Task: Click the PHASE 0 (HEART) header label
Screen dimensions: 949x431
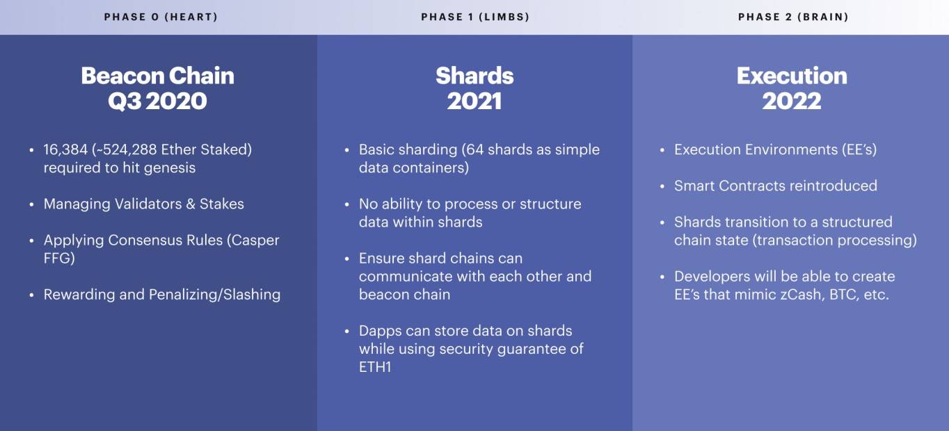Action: (x=161, y=17)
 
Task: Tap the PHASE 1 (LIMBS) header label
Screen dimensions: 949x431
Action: (x=475, y=17)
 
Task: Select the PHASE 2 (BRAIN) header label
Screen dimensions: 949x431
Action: (x=793, y=17)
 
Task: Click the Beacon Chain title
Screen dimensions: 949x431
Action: (x=158, y=76)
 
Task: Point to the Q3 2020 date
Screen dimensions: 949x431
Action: (x=158, y=101)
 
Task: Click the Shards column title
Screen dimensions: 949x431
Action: (x=475, y=76)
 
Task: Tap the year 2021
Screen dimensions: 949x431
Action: (x=475, y=101)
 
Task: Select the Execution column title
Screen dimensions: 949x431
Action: (x=792, y=76)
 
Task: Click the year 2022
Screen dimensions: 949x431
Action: (x=792, y=101)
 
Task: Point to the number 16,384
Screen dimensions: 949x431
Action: (x=65, y=149)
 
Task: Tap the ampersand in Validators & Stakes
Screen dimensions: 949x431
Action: (x=191, y=204)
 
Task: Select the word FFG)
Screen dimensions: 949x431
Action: (x=59, y=258)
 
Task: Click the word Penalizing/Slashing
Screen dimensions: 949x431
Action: (x=214, y=295)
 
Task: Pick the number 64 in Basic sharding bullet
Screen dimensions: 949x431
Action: (x=475, y=149)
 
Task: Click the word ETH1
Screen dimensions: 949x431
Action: (x=375, y=367)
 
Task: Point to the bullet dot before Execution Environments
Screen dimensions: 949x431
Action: (x=662, y=150)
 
